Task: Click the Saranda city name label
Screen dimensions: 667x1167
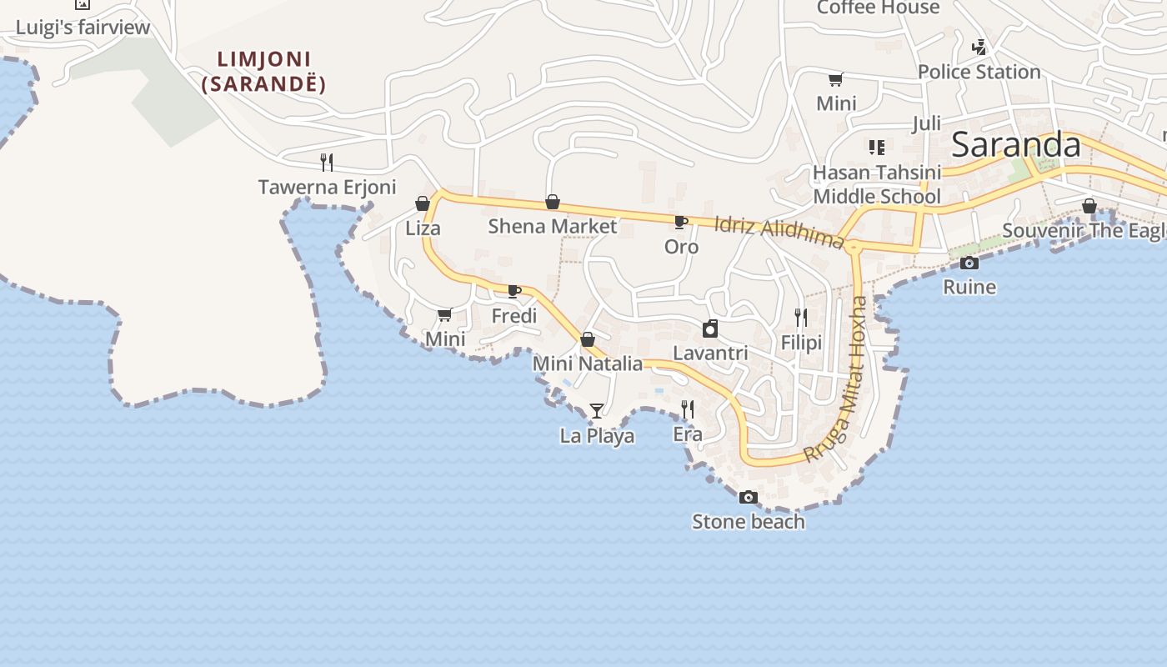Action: [x=1015, y=145]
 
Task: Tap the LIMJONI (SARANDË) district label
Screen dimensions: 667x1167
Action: [x=263, y=72]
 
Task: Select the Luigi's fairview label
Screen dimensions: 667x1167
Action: [x=83, y=28]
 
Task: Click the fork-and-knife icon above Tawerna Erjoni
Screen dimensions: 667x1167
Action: [x=327, y=162]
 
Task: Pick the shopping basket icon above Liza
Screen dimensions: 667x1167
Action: [x=423, y=203]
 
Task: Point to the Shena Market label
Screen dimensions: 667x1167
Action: [x=552, y=226]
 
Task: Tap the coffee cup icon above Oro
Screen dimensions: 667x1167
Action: [x=680, y=222]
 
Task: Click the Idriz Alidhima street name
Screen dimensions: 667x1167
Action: [x=779, y=230]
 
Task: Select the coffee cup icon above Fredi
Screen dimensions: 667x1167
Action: [x=513, y=291]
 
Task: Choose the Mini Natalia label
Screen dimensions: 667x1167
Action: [x=588, y=364]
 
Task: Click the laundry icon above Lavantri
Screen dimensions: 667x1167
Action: [x=710, y=328]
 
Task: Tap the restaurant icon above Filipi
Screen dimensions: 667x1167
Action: [x=801, y=318]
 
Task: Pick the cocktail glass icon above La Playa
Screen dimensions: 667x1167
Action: [x=597, y=410]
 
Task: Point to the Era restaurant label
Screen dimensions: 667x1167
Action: [x=688, y=434]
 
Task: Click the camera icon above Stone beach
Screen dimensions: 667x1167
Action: [x=749, y=497]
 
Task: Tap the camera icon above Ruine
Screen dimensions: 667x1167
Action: [x=969, y=263]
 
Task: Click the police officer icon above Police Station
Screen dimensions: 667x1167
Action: [x=979, y=47]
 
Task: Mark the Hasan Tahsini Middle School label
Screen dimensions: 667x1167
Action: [x=877, y=184]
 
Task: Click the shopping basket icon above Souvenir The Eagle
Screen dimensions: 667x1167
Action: [x=1089, y=206]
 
